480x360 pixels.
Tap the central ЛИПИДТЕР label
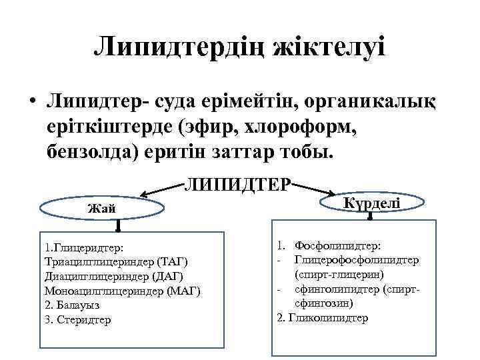point(238,183)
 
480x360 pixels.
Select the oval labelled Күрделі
point(371,201)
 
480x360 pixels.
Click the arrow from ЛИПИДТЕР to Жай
point(163,190)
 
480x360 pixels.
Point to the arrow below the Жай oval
point(117,225)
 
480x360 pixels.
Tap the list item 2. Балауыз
point(71,305)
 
